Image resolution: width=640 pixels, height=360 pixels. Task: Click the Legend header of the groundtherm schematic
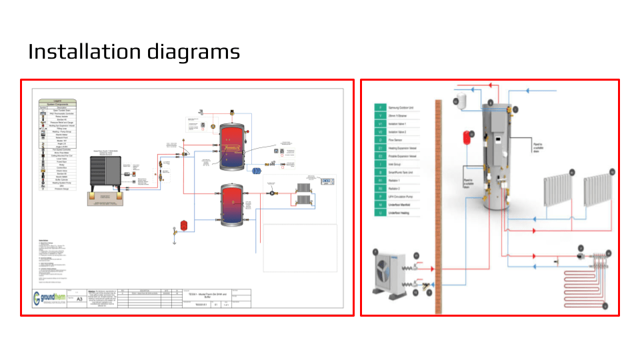click(58, 101)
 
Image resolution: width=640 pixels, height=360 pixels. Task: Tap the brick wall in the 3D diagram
click(439, 200)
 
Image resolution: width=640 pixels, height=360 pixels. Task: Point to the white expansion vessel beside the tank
click(458, 101)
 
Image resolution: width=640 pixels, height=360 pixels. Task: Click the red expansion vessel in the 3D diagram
click(459, 139)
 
